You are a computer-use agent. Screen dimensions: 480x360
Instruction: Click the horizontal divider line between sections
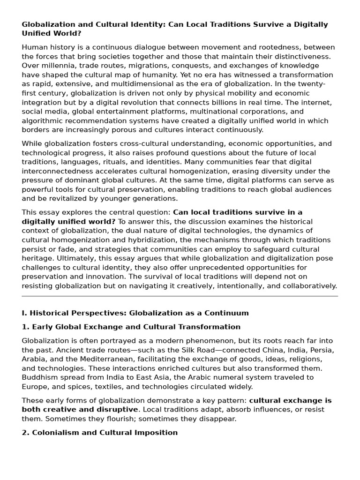point(180,296)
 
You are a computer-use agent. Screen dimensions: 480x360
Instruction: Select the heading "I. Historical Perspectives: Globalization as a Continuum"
point(135,313)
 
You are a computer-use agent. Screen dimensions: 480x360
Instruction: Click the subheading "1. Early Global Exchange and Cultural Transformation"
point(131,327)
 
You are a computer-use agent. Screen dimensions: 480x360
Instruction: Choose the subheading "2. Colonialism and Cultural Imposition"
point(99,433)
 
